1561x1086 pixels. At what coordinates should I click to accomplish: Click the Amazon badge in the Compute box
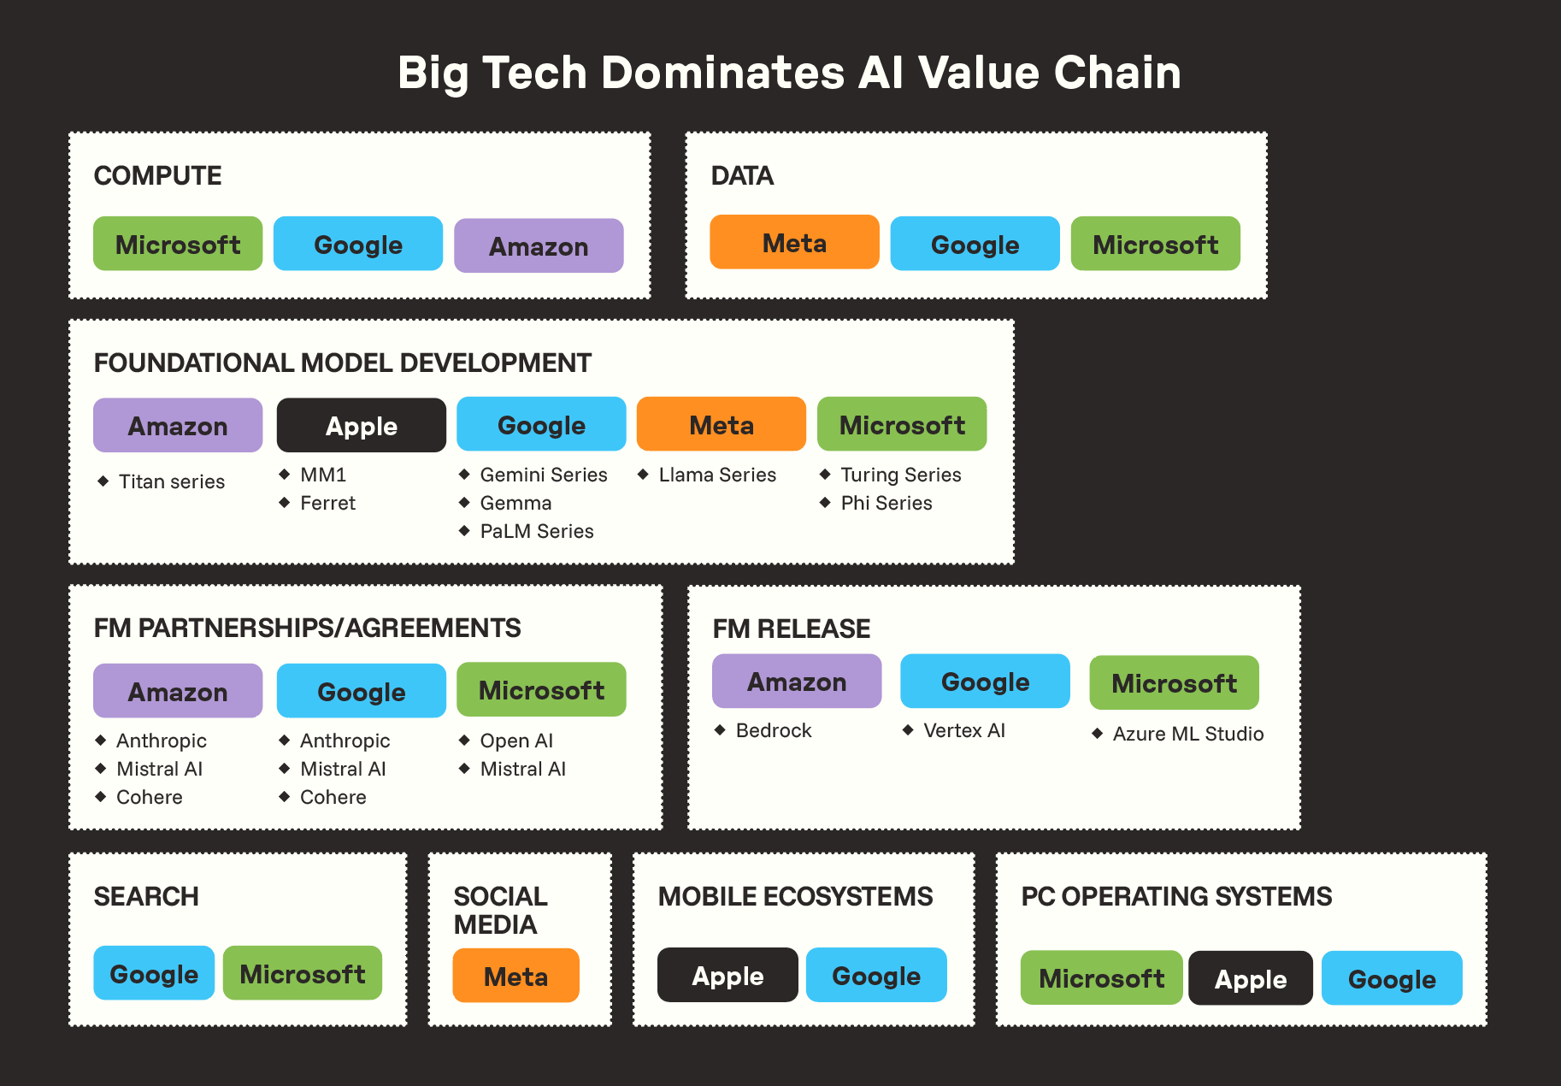point(539,246)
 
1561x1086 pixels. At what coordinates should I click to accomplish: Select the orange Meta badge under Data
point(794,243)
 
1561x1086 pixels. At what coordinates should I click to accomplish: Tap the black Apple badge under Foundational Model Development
point(362,425)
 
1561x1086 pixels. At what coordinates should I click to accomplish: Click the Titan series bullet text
point(172,481)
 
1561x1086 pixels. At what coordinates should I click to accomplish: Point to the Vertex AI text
point(964,730)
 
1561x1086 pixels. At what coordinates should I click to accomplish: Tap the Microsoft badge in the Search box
point(303,973)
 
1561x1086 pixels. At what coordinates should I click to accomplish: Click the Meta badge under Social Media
point(515,976)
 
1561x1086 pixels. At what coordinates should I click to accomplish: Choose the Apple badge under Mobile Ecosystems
point(727,975)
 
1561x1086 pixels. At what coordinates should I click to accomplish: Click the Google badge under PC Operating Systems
point(1392,978)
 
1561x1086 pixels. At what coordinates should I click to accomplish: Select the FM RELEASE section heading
point(792,629)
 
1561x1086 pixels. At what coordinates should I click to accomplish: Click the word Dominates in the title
point(723,73)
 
